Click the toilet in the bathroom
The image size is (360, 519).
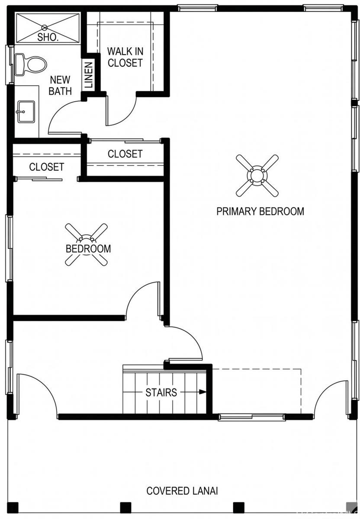pyautogui.click(x=30, y=64)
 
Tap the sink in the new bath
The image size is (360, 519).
pyautogui.click(x=26, y=112)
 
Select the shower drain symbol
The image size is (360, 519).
pyautogui.click(x=44, y=28)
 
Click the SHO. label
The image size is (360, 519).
pyautogui.click(x=48, y=37)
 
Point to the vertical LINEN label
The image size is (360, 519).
pyautogui.click(x=88, y=74)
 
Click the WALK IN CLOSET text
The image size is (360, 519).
pyautogui.click(x=125, y=57)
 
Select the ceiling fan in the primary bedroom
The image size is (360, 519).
pyautogui.click(x=257, y=176)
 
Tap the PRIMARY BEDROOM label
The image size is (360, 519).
pyautogui.click(x=260, y=211)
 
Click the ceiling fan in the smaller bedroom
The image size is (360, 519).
pyautogui.click(x=86, y=244)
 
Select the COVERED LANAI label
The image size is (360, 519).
pyautogui.click(x=182, y=491)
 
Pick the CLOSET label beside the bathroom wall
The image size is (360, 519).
pyautogui.click(x=47, y=167)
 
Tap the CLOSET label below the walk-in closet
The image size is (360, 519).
pyautogui.click(x=125, y=154)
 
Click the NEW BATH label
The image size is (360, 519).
pyautogui.click(x=60, y=86)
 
